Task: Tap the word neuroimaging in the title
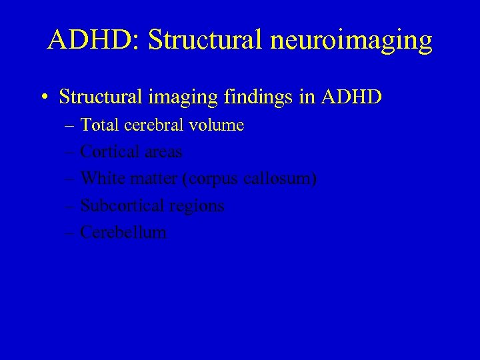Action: tap(351, 41)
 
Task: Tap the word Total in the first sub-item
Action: tap(97, 125)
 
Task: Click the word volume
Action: tap(217, 125)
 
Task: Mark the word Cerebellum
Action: tap(123, 233)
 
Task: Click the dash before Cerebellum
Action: tap(71, 233)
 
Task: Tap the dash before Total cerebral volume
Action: tap(71, 125)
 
